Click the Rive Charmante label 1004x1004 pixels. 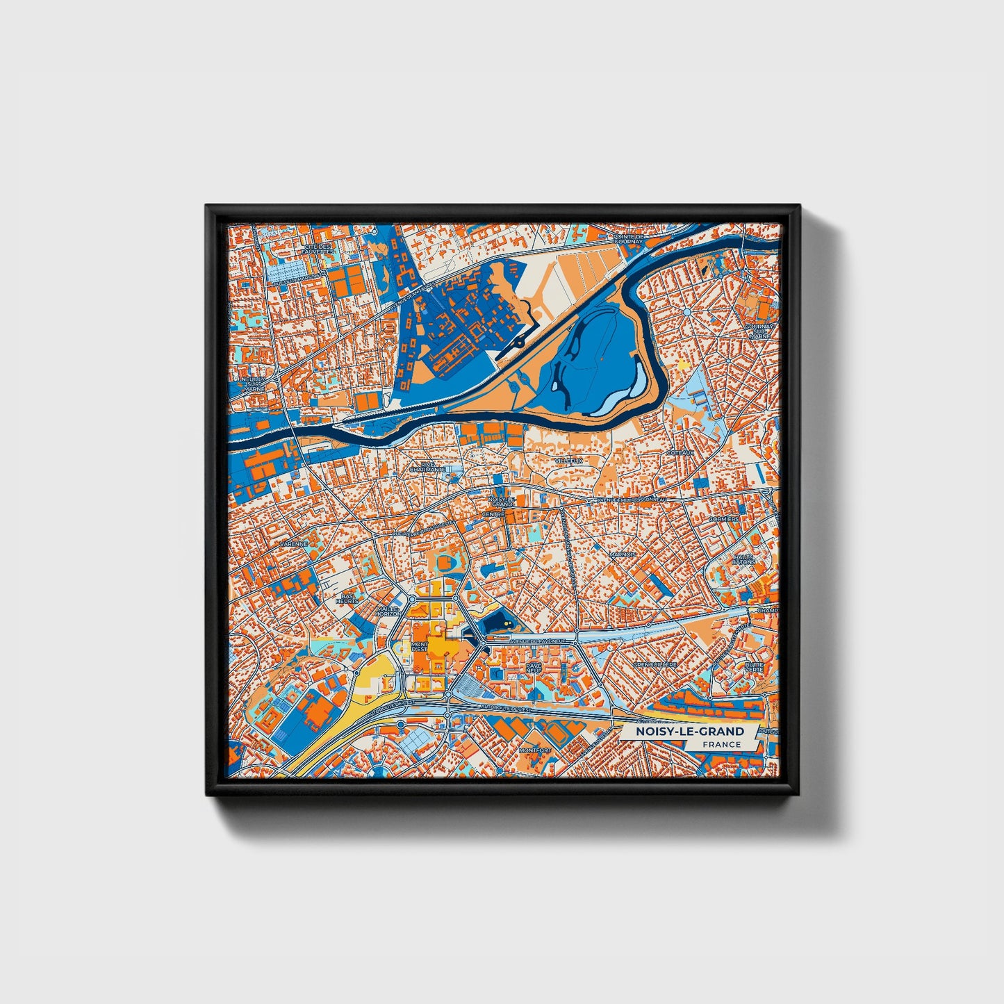click(x=427, y=467)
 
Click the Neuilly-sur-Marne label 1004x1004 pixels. click(x=250, y=385)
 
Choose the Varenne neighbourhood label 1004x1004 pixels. click(x=293, y=543)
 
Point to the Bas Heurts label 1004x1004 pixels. click(x=347, y=598)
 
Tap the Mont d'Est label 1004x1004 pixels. click(x=420, y=647)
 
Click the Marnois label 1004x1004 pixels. click(x=622, y=554)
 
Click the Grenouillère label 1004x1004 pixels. click(x=655, y=664)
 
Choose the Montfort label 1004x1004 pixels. click(x=535, y=750)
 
